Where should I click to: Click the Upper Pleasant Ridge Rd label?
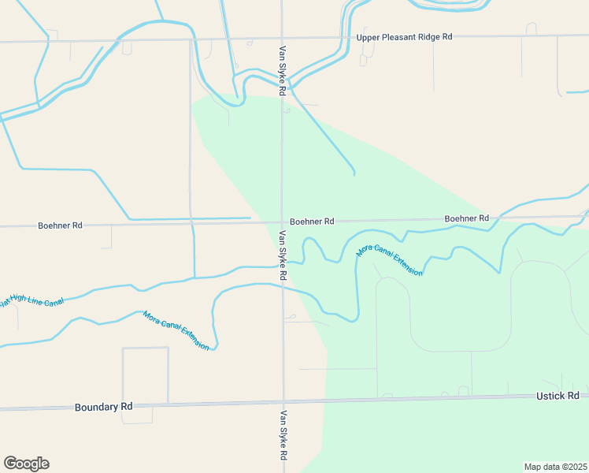405,37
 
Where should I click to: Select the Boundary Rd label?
103,407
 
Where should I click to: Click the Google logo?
26,464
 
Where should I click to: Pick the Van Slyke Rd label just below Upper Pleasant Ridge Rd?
281,71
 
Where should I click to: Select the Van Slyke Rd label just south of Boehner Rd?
283,255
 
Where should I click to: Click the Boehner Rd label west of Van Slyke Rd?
60,225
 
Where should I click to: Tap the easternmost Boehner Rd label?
466,218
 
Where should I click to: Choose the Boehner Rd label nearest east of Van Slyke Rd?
312,222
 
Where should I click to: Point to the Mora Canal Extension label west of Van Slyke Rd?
176,330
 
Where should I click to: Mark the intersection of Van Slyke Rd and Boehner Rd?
282,222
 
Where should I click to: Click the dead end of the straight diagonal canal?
354,173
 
